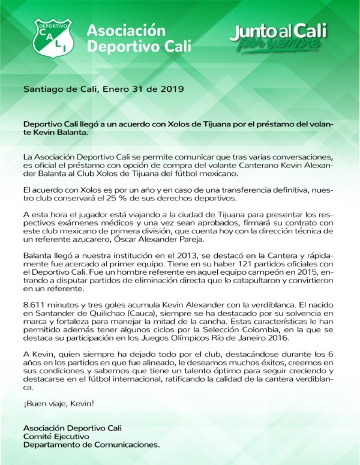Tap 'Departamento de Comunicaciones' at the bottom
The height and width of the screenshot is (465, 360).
91,445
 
